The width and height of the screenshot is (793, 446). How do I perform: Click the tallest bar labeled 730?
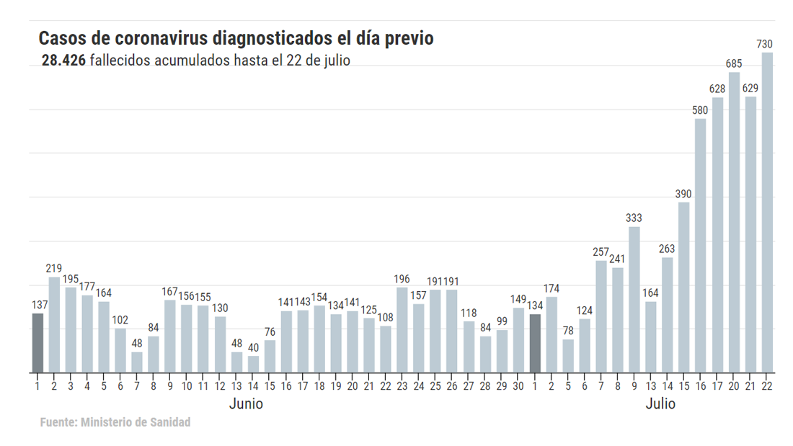coord(767,213)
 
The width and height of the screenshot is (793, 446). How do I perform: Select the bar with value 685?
coord(734,223)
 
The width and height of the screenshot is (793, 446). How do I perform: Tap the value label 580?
coord(700,110)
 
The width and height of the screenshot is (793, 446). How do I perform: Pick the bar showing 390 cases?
coord(683,287)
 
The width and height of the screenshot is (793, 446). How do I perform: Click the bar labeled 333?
coord(634,300)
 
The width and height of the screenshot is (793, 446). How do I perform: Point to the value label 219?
coord(54,269)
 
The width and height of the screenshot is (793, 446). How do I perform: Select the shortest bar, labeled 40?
coord(253,365)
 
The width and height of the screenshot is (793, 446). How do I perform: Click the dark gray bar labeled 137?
coord(37,343)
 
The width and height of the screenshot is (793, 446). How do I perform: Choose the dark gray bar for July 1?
coord(535,344)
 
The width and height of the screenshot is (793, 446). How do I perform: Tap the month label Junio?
coord(246,404)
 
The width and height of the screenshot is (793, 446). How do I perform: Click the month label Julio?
coord(660,404)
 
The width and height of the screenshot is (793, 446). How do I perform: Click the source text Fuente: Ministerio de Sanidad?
coord(115,422)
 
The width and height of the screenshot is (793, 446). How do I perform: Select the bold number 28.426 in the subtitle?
coord(63,61)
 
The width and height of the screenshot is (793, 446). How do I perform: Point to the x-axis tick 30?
coord(518,386)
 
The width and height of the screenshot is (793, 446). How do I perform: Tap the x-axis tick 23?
coord(402,386)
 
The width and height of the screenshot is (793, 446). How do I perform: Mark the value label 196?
coord(402,279)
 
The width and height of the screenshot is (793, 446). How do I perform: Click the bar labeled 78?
coord(568,356)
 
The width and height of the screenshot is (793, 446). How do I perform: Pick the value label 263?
coord(667,249)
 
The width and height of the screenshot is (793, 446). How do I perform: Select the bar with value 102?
coord(120,351)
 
